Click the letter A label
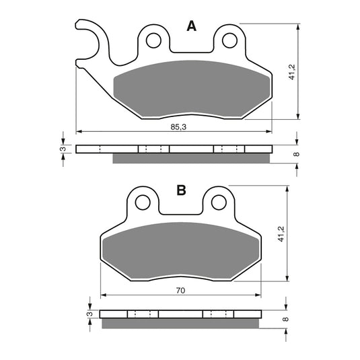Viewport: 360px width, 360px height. pyautogui.click(x=191, y=26)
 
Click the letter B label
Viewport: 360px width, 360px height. pyautogui.click(x=181, y=190)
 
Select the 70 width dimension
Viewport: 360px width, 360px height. pyautogui.click(x=181, y=290)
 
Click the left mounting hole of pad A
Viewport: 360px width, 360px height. pyautogui.click(x=153, y=41)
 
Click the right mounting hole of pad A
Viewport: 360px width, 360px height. pyautogui.click(x=231, y=41)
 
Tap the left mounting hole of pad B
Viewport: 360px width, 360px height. pyautogui.click(x=142, y=202)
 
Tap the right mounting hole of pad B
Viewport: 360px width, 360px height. pyautogui.click(x=219, y=202)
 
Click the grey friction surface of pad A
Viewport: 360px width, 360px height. pyautogui.click(x=192, y=91)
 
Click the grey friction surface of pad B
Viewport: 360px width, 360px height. pyautogui.click(x=180, y=252)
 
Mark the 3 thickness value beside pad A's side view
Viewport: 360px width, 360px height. pyautogui.click(x=62, y=149)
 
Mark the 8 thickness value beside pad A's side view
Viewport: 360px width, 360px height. pyautogui.click(x=295, y=153)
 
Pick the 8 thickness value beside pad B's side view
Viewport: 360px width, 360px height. pyautogui.click(x=285, y=318)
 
